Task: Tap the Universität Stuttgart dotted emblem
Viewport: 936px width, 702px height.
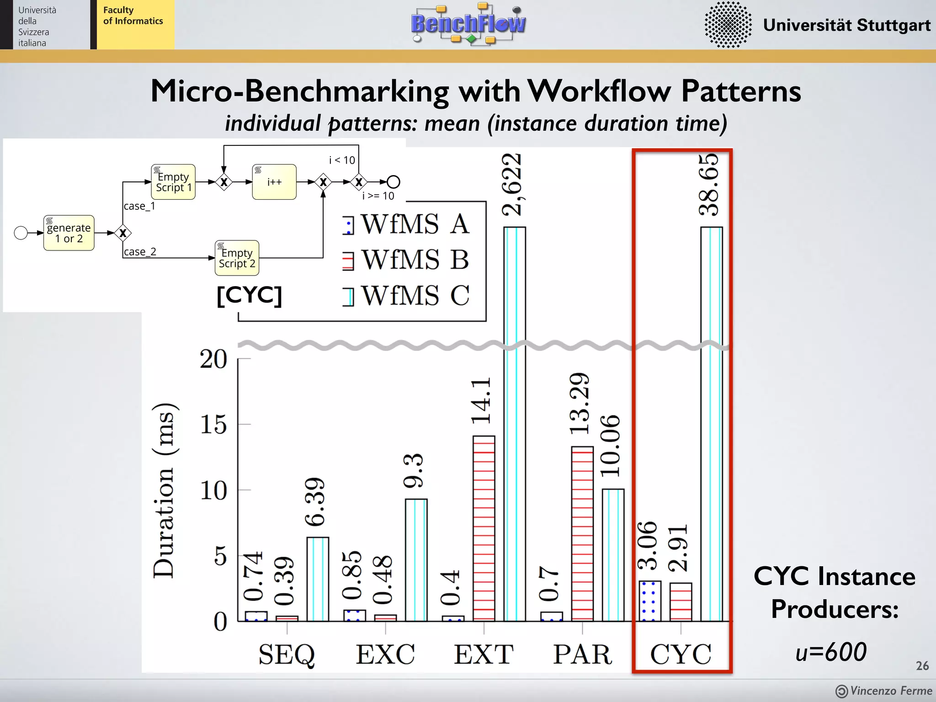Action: click(728, 25)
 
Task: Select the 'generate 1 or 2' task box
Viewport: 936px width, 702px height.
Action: click(69, 233)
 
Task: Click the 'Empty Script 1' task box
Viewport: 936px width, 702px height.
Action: click(173, 182)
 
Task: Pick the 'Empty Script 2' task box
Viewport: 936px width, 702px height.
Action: click(237, 258)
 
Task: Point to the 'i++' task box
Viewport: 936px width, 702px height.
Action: click(274, 182)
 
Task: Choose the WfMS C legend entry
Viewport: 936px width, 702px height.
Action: click(406, 296)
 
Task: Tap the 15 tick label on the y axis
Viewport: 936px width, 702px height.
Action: click(213, 425)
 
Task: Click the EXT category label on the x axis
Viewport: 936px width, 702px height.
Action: click(484, 654)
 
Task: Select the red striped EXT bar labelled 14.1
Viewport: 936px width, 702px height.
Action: click(484, 528)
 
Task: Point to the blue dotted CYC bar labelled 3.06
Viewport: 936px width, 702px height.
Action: click(649, 601)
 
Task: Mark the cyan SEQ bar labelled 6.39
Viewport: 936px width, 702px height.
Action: click(318, 579)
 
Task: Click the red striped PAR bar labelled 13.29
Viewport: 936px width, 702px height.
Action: click(582, 534)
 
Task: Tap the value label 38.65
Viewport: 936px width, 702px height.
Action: click(709, 185)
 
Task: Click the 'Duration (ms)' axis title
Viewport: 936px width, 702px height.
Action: click(164, 491)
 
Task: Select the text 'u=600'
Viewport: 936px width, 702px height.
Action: click(831, 652)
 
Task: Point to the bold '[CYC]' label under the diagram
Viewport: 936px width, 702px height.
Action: click(250, 295)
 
